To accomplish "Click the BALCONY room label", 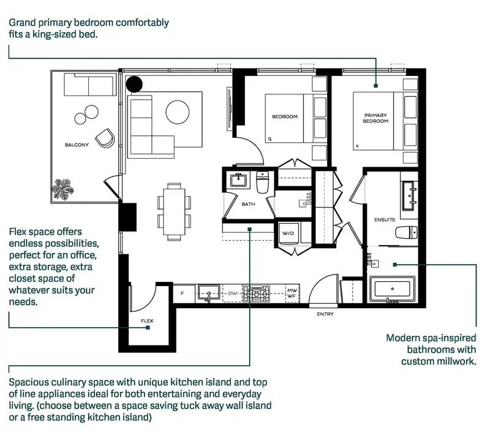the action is click(x=77, y=145).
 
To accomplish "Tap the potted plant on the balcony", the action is click(x=62, y=189).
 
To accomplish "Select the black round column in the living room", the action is click(x=134, y=84).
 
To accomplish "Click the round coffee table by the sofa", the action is click(x=178, y=112).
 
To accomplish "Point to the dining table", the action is click(x=174, y=211).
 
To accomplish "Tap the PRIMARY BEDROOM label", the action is click(x=375, y=118).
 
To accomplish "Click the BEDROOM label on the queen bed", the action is click(x=285, y=116).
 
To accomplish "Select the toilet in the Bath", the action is click(x=263, y=182).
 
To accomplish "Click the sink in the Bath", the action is click(x=239, y=180).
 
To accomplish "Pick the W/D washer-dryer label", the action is click(x=288, y=233).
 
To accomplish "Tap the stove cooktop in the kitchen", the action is click(x=256, y=293).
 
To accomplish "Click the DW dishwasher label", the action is click(x=233, y=293).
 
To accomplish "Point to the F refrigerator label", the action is click(x=182, y=293).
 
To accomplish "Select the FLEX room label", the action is click(x=147, y=320).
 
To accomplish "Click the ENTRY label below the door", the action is click(x=325, y=314).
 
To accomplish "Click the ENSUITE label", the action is click(x=385, y=220).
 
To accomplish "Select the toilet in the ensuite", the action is click(x=406, y=233).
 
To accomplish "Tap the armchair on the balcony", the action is click(x=105, y=138).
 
